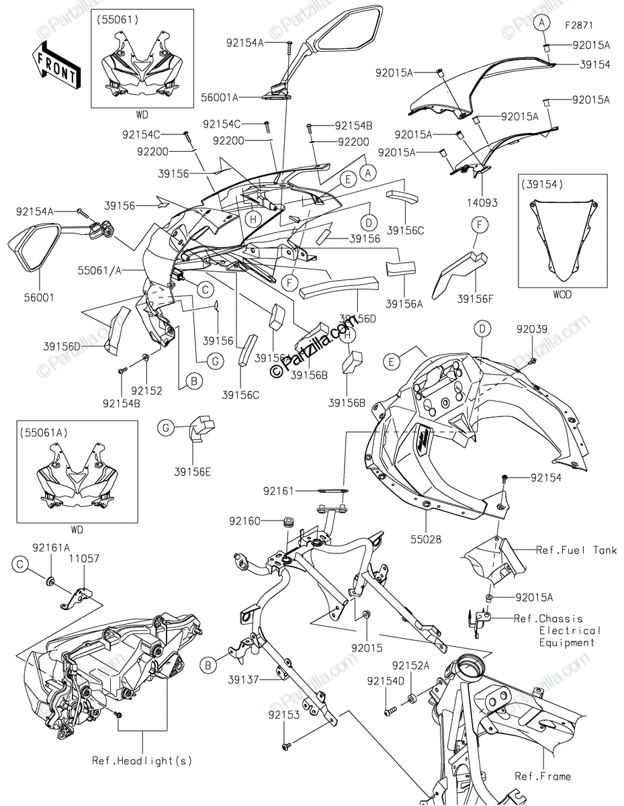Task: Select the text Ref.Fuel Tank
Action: [576, 550]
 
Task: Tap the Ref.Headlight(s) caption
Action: [142, 761]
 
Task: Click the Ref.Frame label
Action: [543, 776]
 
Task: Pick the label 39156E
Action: [193, 472]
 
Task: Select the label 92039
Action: [532, 329]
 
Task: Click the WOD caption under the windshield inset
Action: [562, 294]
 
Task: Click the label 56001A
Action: [219, 97]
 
